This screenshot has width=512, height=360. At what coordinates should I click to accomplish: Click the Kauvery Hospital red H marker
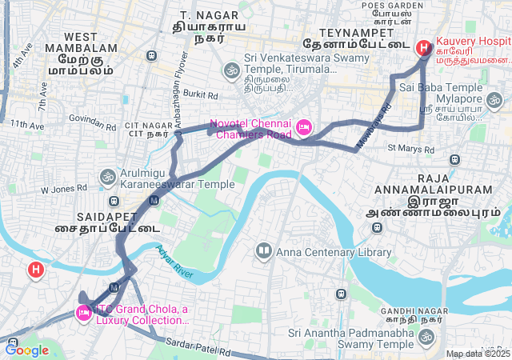pyautogui.click(x=423, y=48)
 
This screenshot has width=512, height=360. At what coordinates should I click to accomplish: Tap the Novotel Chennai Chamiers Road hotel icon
pyautogui.click(x=303, y=127)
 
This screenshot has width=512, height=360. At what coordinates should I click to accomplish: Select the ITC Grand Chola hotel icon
pyautogui.click(x=83, y=313)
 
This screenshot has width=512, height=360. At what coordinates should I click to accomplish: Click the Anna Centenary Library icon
pyautogui.click(x=263, y=253)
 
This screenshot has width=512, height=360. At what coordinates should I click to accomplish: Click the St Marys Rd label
pyautogui.click(x=410, y=149)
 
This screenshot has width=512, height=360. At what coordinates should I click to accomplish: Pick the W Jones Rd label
pyautogui.click(x=63, y=190)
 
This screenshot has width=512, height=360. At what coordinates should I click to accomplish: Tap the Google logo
pyautogui.click(x=26, y=350)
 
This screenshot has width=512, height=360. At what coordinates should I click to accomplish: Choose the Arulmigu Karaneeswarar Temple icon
pyautogui.click(x=107, y=176)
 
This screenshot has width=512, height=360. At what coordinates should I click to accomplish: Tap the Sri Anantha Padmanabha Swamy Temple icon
pyautogui.click(x=425, y=338)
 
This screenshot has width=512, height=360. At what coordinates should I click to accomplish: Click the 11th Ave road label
pyautogui.click(x=27, y=125)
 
